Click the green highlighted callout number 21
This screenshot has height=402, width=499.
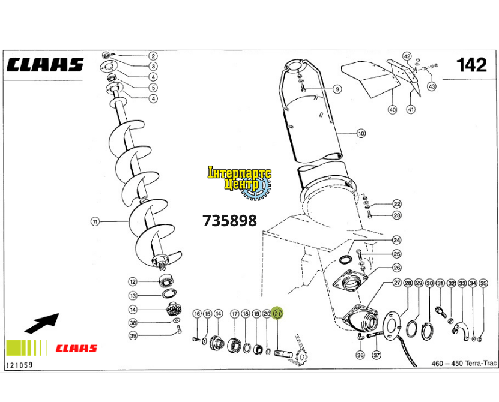point(277,313)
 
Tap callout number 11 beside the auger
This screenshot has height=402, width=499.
point(94,221)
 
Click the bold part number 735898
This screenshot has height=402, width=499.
point(230,221)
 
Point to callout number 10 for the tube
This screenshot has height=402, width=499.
point(361,134)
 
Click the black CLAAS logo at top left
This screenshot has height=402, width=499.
point(45,65)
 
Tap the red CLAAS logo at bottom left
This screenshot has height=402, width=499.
point(76,348)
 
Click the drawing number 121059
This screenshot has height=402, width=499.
point(19,364)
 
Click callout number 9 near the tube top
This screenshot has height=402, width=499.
point(337,89)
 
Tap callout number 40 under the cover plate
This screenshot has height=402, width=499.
point(393,110)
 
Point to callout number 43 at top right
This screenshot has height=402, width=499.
point(431,86)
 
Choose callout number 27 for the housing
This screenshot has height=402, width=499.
point(397,283)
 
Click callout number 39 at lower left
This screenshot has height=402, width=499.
point(133,335)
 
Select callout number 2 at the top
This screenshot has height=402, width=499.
point(153,56)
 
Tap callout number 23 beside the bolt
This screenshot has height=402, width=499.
point(397,215)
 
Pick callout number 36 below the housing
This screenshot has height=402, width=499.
point(360,355)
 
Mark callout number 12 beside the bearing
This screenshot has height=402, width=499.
point(133,281)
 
